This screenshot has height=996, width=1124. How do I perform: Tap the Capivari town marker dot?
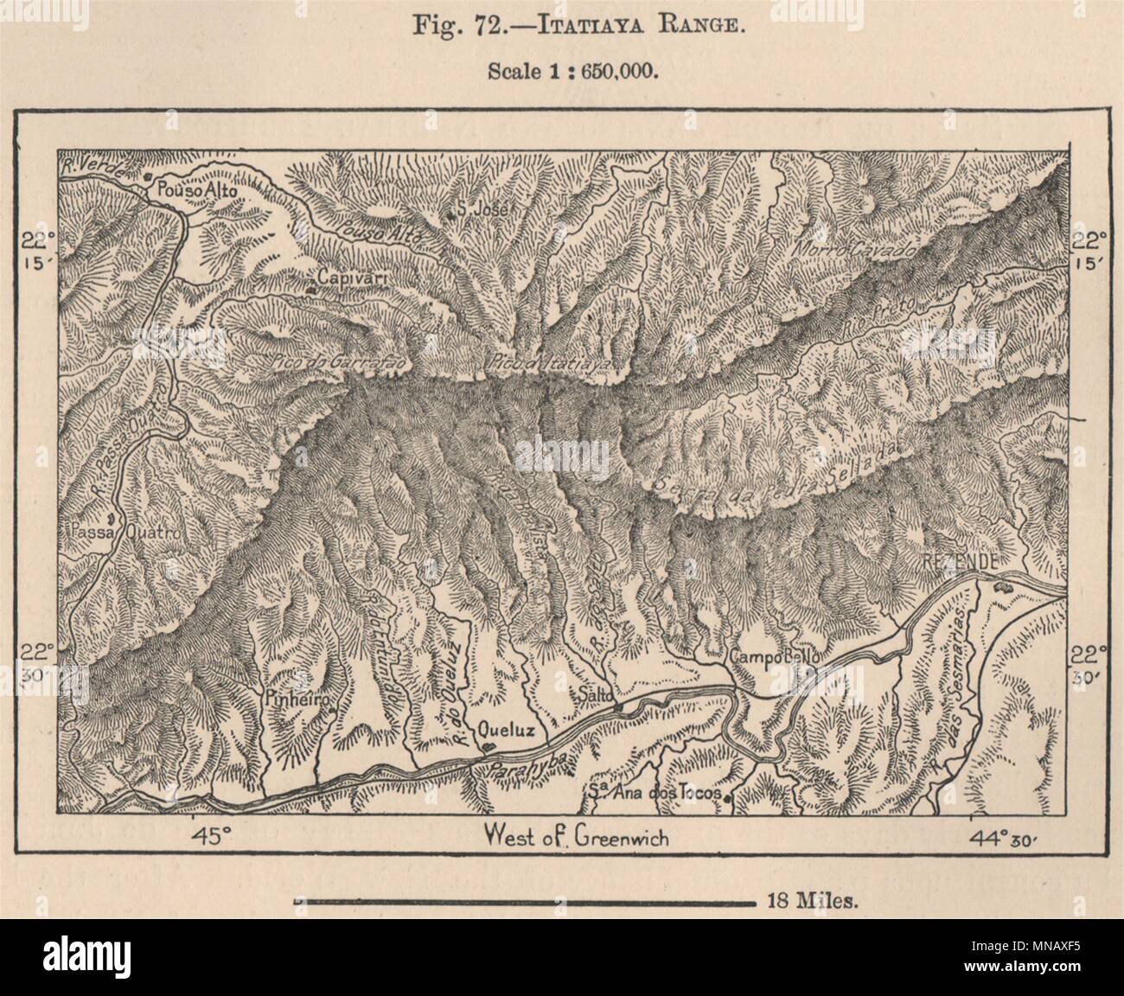310,289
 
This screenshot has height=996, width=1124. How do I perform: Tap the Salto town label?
598,693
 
